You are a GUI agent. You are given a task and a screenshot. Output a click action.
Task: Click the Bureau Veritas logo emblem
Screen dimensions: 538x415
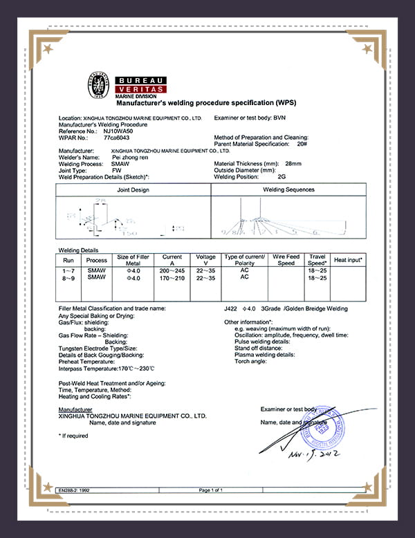(x=98, y=83)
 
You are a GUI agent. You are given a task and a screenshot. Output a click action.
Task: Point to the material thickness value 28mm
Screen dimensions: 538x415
(x=293, y=163)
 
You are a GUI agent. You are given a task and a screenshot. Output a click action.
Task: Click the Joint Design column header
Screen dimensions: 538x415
(x=133, y=189)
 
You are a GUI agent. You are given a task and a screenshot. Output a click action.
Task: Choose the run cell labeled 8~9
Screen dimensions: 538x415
(x=68, y=277)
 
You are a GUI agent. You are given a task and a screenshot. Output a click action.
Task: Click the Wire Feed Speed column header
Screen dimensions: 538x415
(x=286, y=260)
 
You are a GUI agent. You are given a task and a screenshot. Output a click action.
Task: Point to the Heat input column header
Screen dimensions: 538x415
(x=348, y=259)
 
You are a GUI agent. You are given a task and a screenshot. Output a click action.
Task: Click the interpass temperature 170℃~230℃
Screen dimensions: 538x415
(x=131, y=368)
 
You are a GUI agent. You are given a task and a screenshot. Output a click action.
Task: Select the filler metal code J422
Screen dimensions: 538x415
(x=231, y=308)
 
